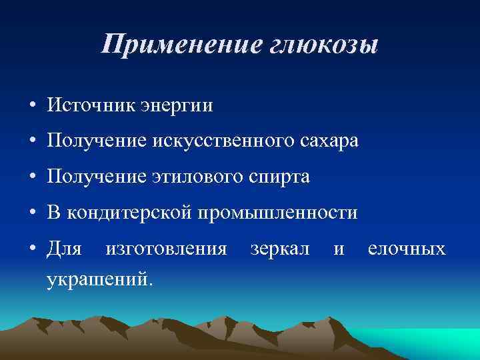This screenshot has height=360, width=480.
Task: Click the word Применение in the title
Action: click(175, 46)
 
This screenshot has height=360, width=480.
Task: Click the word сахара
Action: click(327, 142)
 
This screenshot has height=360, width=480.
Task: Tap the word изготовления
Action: click(166, 250)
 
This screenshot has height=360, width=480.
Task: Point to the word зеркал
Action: click(279, 250)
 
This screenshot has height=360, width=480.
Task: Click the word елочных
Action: click(406, 250)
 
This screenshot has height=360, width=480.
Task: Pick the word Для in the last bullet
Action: click(64, 250)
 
